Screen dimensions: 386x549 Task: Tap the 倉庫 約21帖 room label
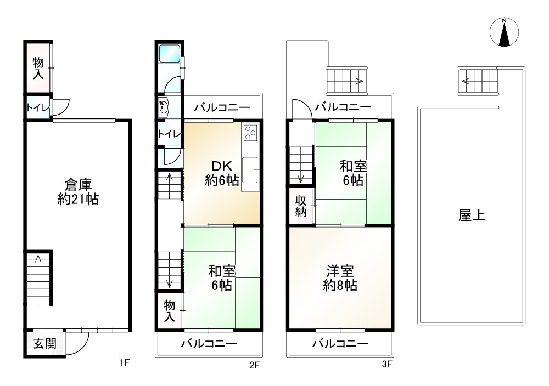[78, 192]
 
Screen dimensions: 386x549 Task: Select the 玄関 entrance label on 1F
[44, 344]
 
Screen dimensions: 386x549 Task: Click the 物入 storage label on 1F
[38, 67]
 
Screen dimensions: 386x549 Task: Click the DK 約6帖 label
[221, 173]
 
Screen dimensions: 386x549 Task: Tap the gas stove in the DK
[250, 133]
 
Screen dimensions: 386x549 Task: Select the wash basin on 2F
[164, 107]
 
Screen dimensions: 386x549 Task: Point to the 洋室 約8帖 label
[340, 278]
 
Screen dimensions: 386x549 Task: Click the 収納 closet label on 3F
[301, 206]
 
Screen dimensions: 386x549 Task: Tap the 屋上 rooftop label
[472, 215]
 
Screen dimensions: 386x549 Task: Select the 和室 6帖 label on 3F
[353, 172]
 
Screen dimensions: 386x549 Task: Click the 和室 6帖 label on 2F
[222, 277]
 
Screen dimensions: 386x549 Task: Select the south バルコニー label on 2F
[209, 344]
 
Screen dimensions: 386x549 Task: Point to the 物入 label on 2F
[169, 311]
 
